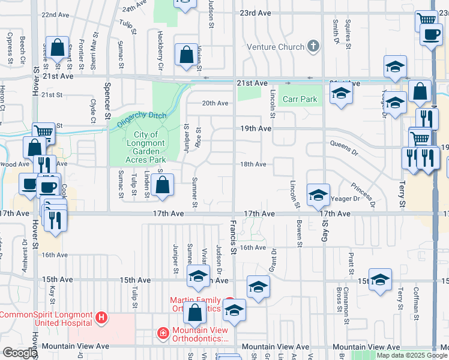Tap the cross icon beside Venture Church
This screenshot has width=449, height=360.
point(312,46)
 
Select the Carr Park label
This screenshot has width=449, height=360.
point(300,98)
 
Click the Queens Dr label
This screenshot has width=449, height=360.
point(344,144)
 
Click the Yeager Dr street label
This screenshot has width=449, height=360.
point(345,198)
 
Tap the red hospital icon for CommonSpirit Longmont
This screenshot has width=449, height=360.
point(101,316)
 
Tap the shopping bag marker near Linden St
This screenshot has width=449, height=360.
point(163,185)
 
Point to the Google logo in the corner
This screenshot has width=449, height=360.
point(20,353)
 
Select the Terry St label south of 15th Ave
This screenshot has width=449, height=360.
point(400,295)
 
